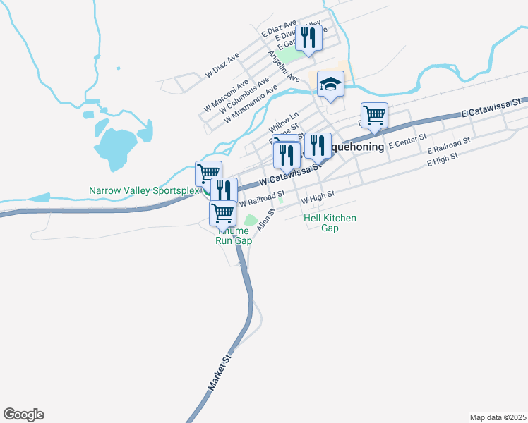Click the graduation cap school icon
pyautogui.click(x=330, y=85)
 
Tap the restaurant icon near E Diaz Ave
pyautogui.click(x=308, y=37)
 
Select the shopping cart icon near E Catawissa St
pyautogui.click(x=374, y=114)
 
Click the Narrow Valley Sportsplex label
pyautogui.click(x=144, y=190)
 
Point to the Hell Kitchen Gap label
pyautogui.click(x=330, y=223)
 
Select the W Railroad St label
pyautogui.click(x=262, y=197)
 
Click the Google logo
pyautogui.click(x=23, y=415)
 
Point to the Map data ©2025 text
pyautogui.click(x=498, y=417)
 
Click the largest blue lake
pyautogui.click(x=114, y=146)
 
